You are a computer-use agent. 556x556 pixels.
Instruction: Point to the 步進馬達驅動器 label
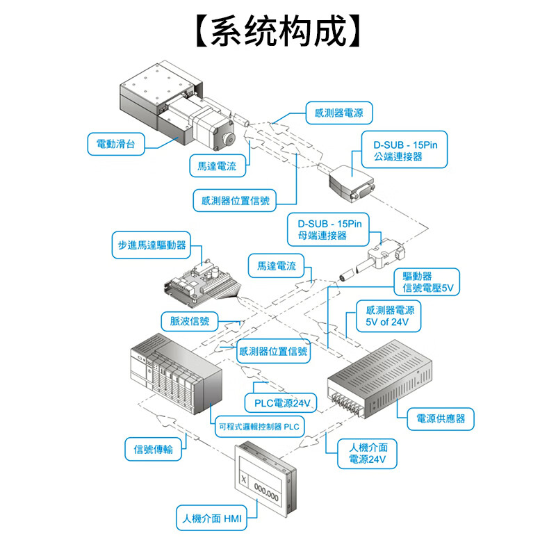pyautogui.click(x=151, y=245)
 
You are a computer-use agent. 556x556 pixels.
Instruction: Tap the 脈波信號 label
pyautogui.click(x=189, y=320)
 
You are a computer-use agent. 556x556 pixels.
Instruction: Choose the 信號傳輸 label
pyautogui.click(x=153, y=449)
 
